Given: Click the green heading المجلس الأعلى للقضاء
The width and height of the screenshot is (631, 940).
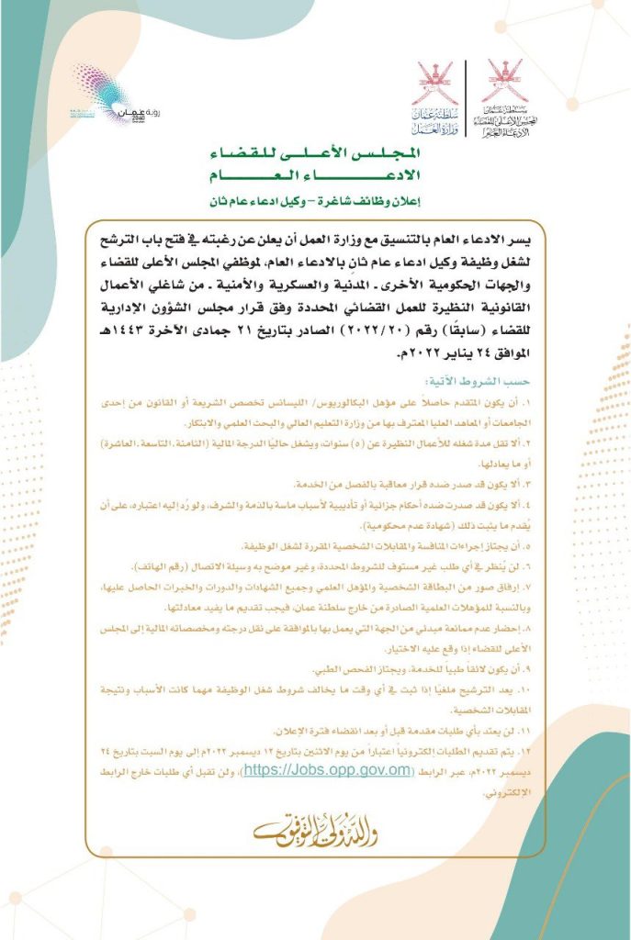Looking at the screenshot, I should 316,154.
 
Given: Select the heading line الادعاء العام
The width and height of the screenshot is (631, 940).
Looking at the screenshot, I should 316,174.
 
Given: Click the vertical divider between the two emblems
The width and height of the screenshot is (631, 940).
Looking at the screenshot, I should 468,92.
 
